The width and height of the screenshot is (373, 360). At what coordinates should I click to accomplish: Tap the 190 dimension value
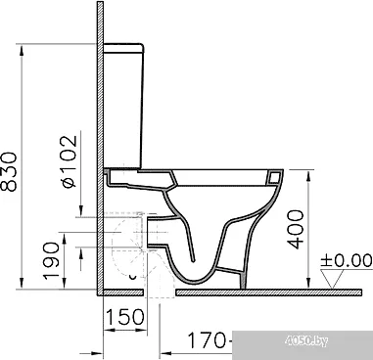point(40,258)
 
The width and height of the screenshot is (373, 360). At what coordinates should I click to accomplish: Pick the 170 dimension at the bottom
point(204,341)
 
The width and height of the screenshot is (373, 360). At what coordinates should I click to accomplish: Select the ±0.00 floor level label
point(348,260)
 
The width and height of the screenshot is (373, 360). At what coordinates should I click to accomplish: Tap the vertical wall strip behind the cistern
point(99,147)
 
